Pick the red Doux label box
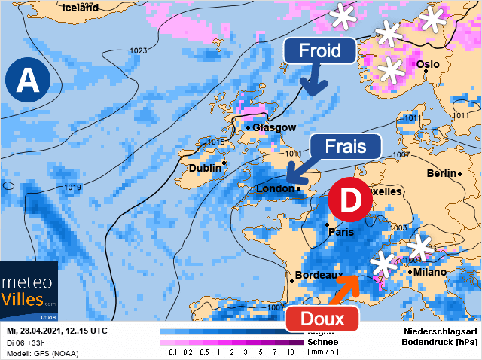[x=322, y=319]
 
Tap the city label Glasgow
[x=273, y=127]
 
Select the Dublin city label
[x=205, y=168]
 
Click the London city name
[x=275, y=188]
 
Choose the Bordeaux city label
[x=319, y=276]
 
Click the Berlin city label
[x=441, y=173]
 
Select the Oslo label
[x=427, y=64]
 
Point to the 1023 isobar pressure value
[x=138, y=51]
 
